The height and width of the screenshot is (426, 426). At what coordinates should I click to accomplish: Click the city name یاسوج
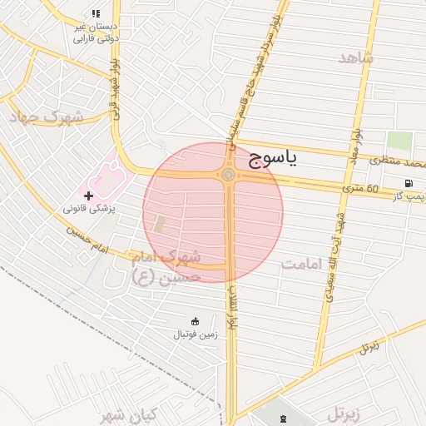(273, 159)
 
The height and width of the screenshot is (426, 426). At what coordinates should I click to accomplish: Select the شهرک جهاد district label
(46, 118)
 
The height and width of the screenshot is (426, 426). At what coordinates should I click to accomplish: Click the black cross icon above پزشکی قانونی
(88, 196)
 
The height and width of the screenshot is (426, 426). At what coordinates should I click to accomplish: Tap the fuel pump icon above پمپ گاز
(408, 183)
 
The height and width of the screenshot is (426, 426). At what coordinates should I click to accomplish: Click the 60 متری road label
(359, 190)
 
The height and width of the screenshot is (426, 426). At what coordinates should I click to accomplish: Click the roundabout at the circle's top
(227, 175)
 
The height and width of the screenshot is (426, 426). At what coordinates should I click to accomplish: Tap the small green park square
(399, 141)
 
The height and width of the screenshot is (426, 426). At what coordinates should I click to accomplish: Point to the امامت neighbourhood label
(301, 265)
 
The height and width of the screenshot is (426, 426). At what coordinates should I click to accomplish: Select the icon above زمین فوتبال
(196, 321)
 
